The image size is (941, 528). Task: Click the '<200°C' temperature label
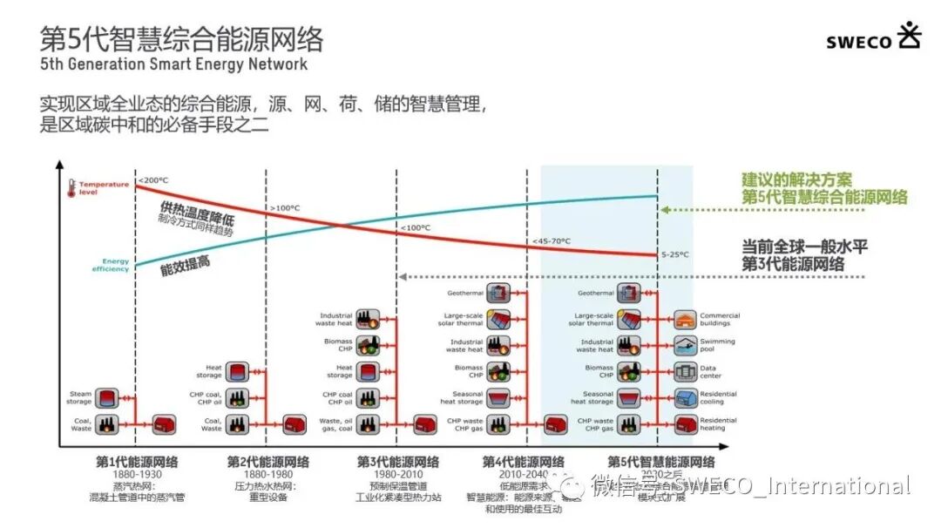coord(153,180)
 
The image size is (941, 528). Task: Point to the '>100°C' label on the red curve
coord(284,208)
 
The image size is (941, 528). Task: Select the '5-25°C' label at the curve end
coord(675,254)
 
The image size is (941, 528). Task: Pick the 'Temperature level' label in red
coord(104,187)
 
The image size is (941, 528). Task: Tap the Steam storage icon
coord(106,399)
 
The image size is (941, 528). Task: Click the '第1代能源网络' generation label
coord(137,461)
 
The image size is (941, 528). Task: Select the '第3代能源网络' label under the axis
coord(398,461)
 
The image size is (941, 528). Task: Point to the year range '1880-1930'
coord(137,475)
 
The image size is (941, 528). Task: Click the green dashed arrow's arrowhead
coord(664,210)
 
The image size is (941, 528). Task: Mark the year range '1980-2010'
coord(397,475)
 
